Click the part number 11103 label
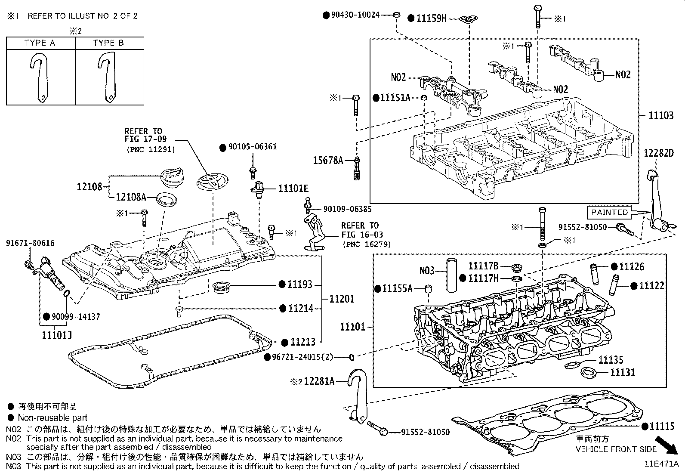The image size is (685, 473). (x=661, y=115)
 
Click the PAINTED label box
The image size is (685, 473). (x=609, y=212)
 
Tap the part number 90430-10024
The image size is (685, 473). (x=355, y=15)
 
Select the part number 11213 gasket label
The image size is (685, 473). (x=303, y=342)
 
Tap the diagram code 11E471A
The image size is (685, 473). (x=661, y=464)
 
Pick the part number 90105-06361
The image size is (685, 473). (x=252, y=147)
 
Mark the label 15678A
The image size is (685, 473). (x=328, y=161)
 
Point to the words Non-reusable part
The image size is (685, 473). (x=52, y=417)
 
